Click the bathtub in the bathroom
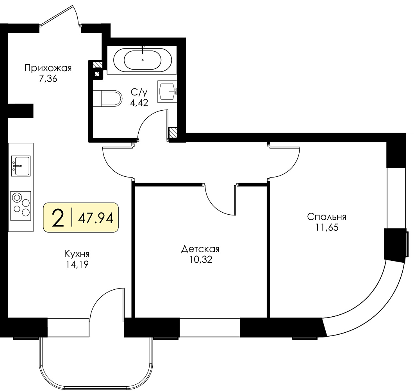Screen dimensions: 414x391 pos(143,59)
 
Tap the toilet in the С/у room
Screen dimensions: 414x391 pos(107,99)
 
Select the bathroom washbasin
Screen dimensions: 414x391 pos(167,91)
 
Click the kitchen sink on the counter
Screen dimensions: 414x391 pos(21,166)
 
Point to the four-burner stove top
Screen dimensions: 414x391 pos(21,206)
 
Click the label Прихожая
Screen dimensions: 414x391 pos(48,68)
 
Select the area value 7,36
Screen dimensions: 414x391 pos(48,79)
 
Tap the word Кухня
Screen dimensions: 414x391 pos(77,254)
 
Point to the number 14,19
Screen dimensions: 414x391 pos(77,265)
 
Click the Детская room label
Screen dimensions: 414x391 pos(200,249)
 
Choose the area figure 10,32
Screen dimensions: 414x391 pos(201,260)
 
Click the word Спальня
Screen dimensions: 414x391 pos(327,217)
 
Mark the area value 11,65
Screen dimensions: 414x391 pos(327,228)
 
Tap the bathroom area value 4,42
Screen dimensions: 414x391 pos(139,102)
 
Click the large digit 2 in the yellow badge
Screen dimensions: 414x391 pos(58,218)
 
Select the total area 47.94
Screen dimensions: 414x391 pos(96,218)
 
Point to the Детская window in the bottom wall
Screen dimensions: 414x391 pos(210,328)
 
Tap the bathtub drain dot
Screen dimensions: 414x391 pos(143,60)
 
